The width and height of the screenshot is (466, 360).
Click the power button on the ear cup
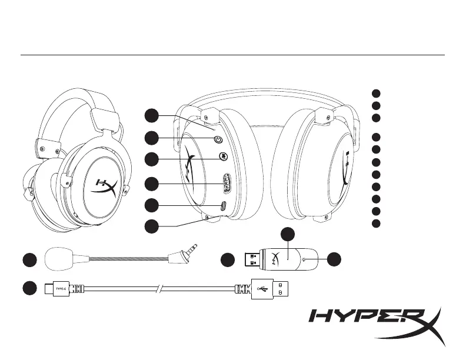point(218,140)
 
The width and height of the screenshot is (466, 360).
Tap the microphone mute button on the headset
point(223,156)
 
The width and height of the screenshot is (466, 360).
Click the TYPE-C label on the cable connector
point(62,289)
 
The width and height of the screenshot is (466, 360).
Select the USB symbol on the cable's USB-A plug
point(263,289)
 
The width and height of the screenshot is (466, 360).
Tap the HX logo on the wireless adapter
point(276,258)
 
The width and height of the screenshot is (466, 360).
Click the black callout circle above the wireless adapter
point(288,234)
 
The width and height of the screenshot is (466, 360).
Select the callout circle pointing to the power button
point(152,138)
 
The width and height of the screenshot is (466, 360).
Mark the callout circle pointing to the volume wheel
point(152,184)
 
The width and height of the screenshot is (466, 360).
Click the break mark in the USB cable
point(161,289)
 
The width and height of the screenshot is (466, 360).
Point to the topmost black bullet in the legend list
point(376,93)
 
